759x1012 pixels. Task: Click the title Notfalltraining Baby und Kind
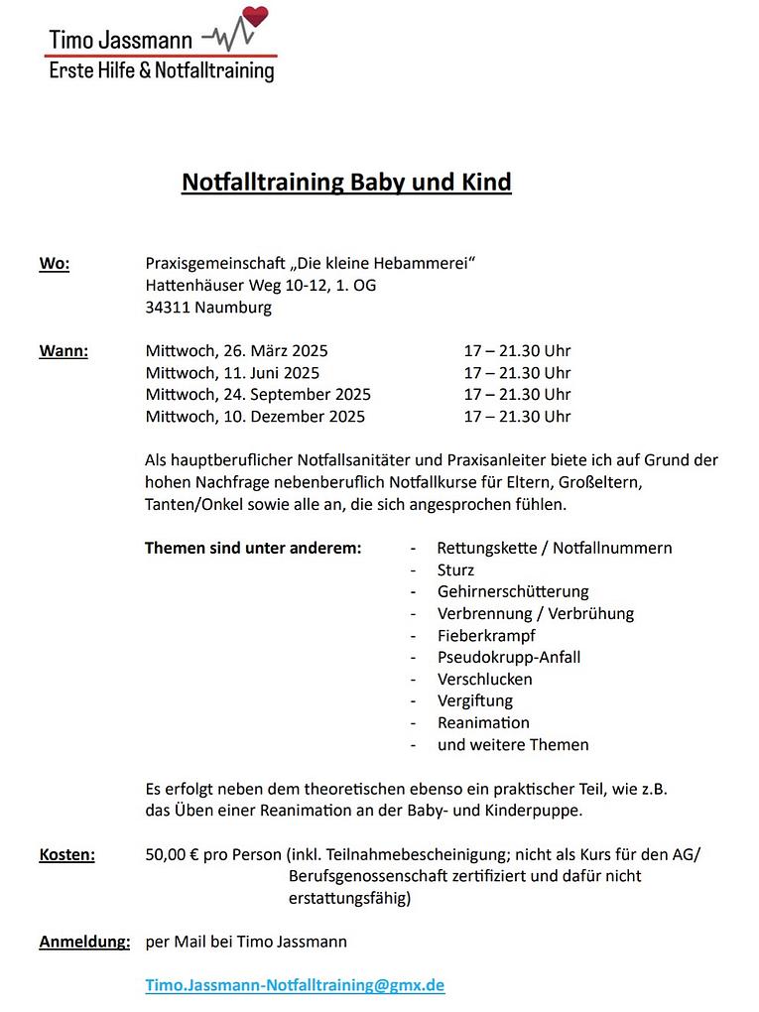click(346, 183)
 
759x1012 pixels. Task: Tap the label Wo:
click(54, 264)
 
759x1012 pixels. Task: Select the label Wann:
click(63, 351)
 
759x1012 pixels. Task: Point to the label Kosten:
click(66, 854)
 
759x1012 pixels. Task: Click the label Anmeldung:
click(84, 942)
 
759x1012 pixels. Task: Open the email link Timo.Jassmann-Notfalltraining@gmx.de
click(295, 985)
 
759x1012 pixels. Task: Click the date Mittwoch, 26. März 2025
click(236, 351)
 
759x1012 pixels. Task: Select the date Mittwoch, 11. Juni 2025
click(232, 373)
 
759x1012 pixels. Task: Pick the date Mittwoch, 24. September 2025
click(258, 395)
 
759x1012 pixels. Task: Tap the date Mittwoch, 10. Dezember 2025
click(255, 417)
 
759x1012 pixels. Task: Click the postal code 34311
click(168, 308)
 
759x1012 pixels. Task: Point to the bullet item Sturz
click(455, 570)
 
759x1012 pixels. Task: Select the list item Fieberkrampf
click(486, 636)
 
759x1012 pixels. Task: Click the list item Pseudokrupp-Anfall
click(509, 658)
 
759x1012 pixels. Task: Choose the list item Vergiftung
click(475, 701)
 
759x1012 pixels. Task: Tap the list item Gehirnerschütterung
click(513, 592)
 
